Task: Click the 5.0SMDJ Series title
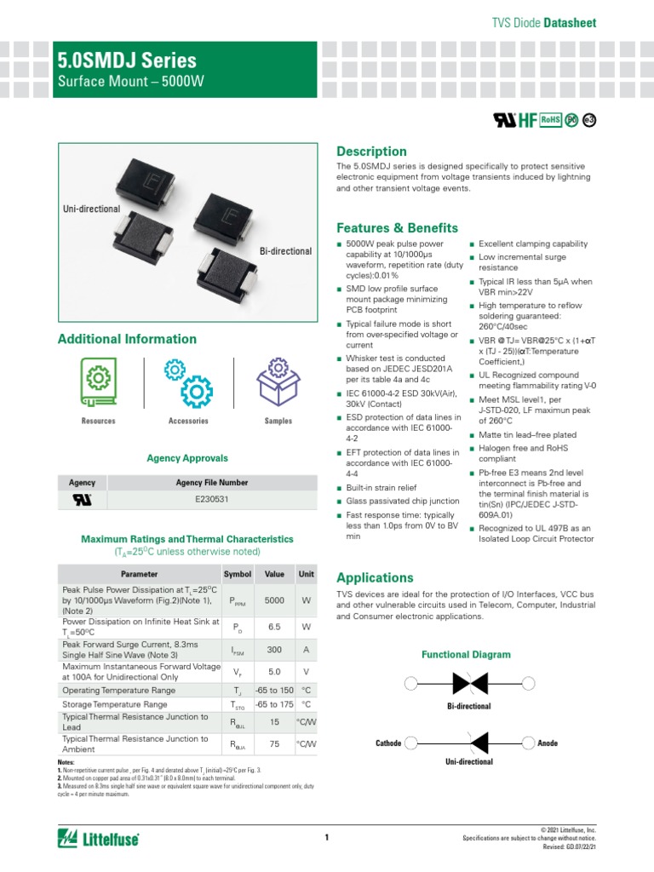click(x=127, y=60)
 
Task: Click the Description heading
click(x=372, y=152)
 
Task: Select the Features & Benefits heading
click(x=398, y=228)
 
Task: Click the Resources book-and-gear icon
click(x=99, y=380)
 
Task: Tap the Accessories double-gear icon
click(x=188, y=381)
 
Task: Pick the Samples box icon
click(x=278, y=381)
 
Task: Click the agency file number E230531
click(x=212, y=501)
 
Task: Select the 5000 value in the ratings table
click(x=274, y=601)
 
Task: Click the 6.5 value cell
click(x=274, y=627)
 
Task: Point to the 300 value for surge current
click(x=274, y=649)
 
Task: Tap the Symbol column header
click(x=237, y=575)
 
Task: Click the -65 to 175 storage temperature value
click(x=274, y=705)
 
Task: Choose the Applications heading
click(x=375, y=577)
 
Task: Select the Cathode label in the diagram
click(x=388, y=743)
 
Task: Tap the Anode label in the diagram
click(x=548, y=743)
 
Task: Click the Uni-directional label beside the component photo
click(x=91, y=209)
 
